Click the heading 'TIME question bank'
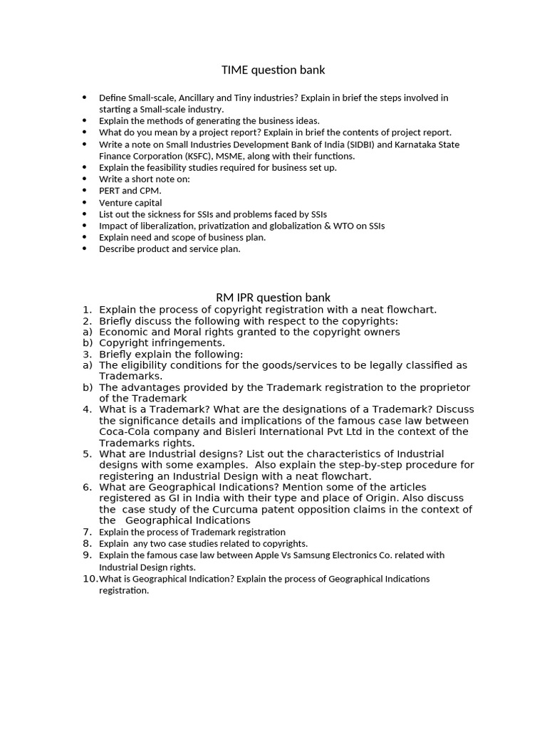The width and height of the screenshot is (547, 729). (x=273, y=70)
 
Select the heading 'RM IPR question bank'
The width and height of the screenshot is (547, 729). (x=273, y=297)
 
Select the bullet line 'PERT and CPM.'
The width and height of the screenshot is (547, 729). (x=130, y=191)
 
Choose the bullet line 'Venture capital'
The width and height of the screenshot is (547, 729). (x=130, y=203)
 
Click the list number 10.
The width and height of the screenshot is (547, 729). (x=90, y=579)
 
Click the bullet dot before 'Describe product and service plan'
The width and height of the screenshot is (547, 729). (x=84, y=249)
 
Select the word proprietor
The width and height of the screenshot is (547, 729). (x=442, y=387)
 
